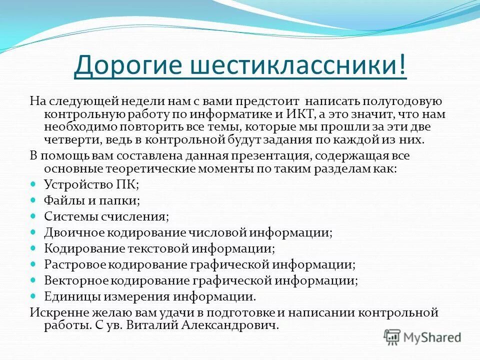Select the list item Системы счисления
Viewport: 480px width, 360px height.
point(106,216)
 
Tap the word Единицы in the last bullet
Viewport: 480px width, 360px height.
point(72,296)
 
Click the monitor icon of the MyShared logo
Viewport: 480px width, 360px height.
point(392,337)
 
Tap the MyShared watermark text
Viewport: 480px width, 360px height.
point(432,337)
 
